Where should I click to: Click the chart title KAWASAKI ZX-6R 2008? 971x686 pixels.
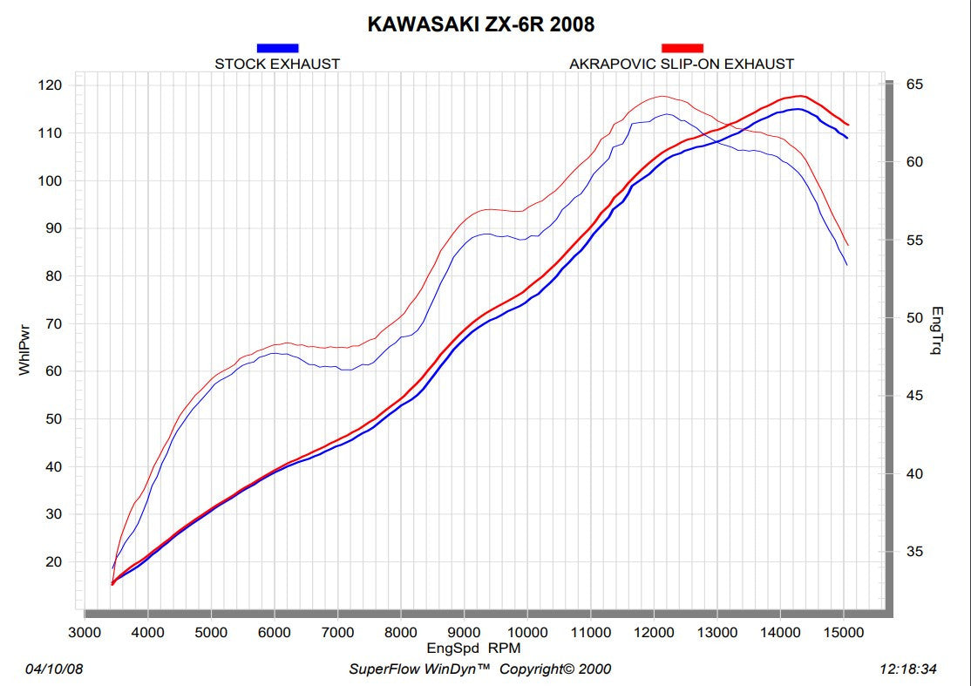click(x=480, y=24)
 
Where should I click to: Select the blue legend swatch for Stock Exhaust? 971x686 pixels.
click(x=277, y=48)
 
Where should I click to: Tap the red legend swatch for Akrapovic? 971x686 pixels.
click(x=682, y=48)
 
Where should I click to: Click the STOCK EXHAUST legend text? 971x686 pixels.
click(x=277, y=64)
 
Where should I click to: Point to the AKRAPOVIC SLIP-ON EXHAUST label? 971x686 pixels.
click(x=682, y=64)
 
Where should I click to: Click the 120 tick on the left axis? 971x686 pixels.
click(x=51, y=85)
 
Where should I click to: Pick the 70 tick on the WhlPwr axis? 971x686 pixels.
click(x=54, y=323)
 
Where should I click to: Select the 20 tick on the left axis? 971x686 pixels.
click(x=54, y=561)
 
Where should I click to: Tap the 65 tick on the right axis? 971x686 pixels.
click(x=914, y=85)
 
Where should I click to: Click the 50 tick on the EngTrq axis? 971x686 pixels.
click(x=914, y=318)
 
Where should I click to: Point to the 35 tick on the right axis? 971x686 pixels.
click(x=914, y=552)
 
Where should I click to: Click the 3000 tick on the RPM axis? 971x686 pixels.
click(x=85, y=632)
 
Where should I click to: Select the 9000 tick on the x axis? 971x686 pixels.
click(x=464, y=632)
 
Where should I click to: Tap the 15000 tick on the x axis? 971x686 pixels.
click(x=843, y=632)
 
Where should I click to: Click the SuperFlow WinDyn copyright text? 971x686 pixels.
click(x=479, y=669)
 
